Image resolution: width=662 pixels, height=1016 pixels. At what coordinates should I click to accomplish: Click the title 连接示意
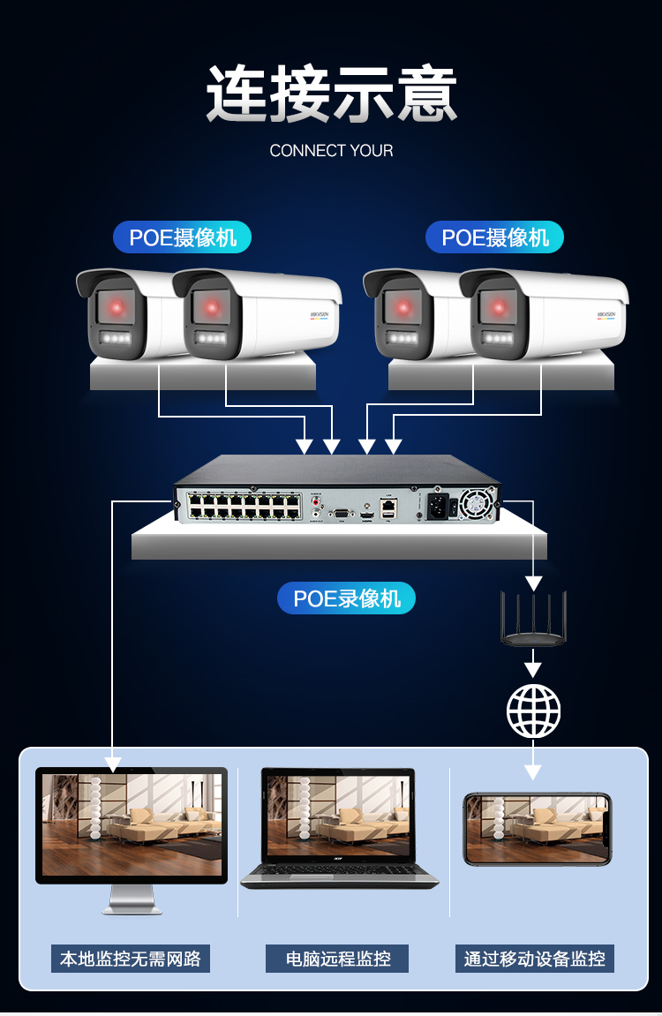[332, 94]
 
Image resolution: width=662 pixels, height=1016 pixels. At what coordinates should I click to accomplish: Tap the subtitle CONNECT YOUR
[331, 151]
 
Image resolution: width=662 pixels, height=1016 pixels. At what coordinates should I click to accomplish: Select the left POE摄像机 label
[183, 237]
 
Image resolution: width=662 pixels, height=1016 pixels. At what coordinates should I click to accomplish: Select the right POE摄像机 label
[494, 237]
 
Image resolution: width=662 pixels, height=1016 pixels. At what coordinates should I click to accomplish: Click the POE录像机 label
[347, 598]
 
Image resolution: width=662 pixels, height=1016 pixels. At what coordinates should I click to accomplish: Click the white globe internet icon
[533, 711]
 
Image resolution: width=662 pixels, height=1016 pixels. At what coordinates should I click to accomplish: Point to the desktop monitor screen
[132, 824]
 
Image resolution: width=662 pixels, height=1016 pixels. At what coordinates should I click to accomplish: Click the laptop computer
[340, 830]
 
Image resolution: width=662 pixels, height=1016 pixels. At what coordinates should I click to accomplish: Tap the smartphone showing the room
[537, 828]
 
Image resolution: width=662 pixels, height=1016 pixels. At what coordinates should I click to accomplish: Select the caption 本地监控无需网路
[131, 959]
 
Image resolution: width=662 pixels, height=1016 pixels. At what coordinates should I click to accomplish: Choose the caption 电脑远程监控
[337, 959]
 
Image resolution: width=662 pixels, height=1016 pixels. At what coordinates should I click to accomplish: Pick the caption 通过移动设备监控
[535, 959]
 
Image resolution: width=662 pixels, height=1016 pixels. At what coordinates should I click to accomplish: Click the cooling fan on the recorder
[474, 504]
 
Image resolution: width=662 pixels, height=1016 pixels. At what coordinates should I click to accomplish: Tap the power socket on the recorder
[437, 506]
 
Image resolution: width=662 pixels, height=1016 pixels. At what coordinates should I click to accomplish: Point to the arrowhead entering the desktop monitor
[113, 763]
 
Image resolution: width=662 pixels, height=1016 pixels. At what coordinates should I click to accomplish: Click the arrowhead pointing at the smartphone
[532, 771]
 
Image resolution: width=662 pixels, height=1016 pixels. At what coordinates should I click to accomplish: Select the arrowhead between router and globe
[532, 663]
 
